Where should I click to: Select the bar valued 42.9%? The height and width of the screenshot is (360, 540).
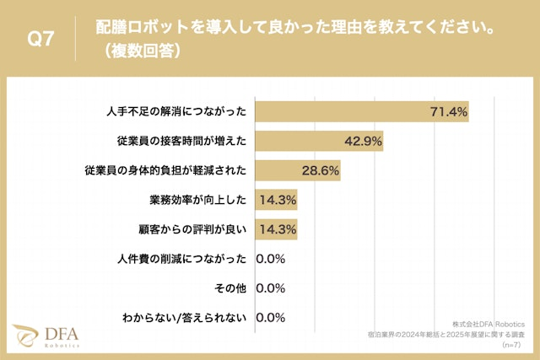[319, 141]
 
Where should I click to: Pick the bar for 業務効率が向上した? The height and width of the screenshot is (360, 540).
[275, 200]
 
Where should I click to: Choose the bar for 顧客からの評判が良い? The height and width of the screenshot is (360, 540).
[275, 229]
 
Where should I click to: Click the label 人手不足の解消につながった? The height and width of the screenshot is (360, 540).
[176, 111]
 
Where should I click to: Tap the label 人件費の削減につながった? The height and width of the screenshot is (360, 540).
[181, 259]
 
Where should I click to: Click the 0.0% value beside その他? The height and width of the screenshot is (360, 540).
[272, 288]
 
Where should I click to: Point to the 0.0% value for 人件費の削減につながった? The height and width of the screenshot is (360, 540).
[272, 259]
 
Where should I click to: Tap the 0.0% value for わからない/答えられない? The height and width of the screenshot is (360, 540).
[272, 318]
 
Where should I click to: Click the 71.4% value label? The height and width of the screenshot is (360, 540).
[448, 111]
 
